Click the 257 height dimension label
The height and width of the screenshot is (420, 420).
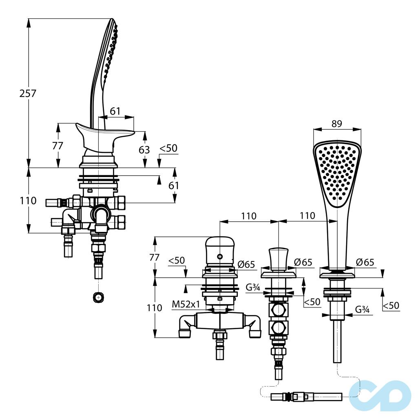(28, 93)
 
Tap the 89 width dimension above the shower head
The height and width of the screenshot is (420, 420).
(336, 124)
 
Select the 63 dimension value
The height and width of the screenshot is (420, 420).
(144, 150)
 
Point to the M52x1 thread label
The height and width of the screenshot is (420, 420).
(186, 304)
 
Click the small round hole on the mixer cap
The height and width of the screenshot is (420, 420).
(220, 256)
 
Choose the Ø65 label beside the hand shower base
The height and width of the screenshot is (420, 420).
(365, 262)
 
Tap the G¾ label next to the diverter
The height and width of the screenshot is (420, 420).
(253, 287)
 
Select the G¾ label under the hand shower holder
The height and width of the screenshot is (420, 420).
(362, 309)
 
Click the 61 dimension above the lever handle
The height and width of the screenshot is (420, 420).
(115, 111)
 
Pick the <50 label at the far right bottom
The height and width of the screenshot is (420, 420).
(391, 305)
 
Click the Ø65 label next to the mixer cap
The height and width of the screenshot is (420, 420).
(246, 264)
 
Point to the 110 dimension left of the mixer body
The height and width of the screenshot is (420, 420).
(155, 307)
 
